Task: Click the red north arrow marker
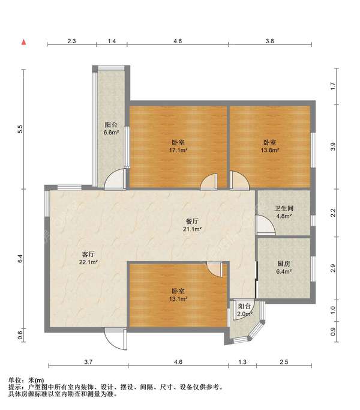click(24, 42)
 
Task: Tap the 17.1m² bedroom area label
click(178, 150)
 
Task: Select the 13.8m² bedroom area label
click(270, 150)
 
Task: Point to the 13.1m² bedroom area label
click(178, 299)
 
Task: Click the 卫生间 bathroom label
click(284, 208)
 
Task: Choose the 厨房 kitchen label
click(284, 264)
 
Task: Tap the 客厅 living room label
click(88, 254)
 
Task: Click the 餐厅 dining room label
click(192, 222)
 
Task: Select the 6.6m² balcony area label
click(111, 133)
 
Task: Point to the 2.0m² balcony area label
click(245, 314)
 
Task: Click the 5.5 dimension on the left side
click(20, 130)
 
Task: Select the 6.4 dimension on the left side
click(20, 258)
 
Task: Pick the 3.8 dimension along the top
click(269, 41)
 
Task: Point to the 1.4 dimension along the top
click(112, 41)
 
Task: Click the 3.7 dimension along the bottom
click(88, 362)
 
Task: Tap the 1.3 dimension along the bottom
click(242, 362)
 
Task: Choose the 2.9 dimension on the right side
click(333, 268)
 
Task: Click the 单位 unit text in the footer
click(14, 380)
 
